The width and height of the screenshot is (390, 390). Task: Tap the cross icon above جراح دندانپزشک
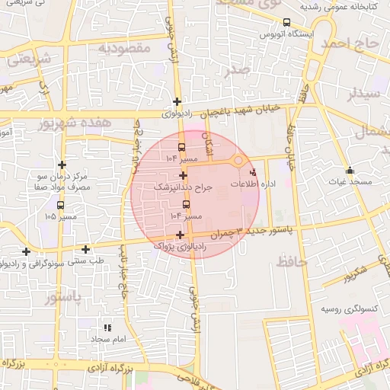point(183,175)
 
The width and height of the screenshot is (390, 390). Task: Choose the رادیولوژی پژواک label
point(180,246)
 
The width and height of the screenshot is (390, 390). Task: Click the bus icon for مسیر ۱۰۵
point(60,204)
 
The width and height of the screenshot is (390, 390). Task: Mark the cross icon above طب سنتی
point(85,248)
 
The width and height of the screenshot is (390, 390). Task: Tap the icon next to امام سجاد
point(107,327)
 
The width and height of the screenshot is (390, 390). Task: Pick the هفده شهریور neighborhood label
point(86,123)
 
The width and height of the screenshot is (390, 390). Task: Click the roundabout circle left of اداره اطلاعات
point(238,161)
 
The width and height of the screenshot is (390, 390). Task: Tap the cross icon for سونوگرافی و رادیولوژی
point(27,251)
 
